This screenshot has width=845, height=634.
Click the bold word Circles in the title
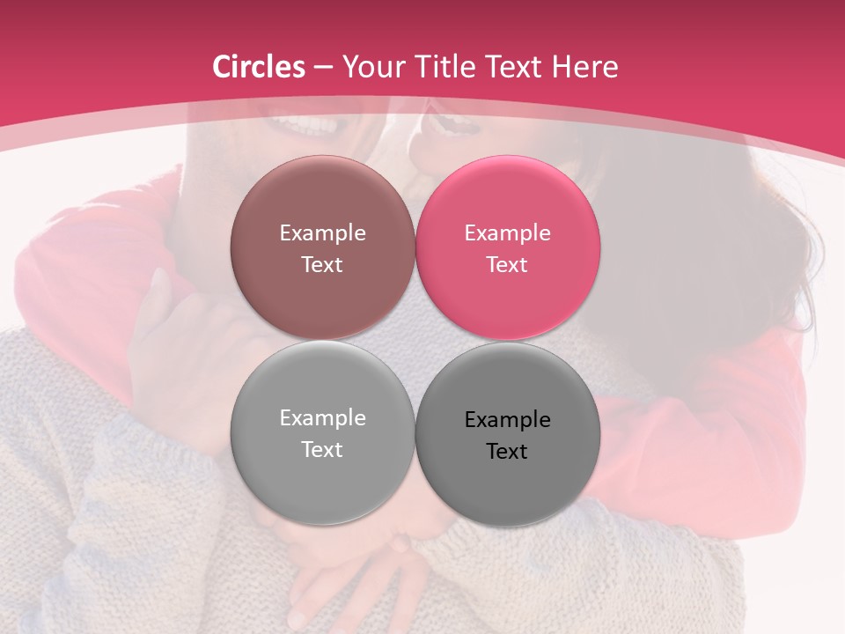point(258,67)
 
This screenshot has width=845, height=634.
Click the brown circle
point(322,203)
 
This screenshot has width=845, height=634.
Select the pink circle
point(508,203)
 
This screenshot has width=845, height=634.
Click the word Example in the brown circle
point(322,233)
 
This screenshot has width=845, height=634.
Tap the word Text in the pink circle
point(507,265)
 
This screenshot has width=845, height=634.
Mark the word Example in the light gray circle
point(322,418)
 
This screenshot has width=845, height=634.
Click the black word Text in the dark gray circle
point(507,452)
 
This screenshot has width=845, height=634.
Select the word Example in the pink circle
point(507,233)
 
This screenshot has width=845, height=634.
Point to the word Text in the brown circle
point(322,265)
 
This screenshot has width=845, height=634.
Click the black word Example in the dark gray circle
point(507,420)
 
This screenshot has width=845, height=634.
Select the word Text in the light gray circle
point(322,450)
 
